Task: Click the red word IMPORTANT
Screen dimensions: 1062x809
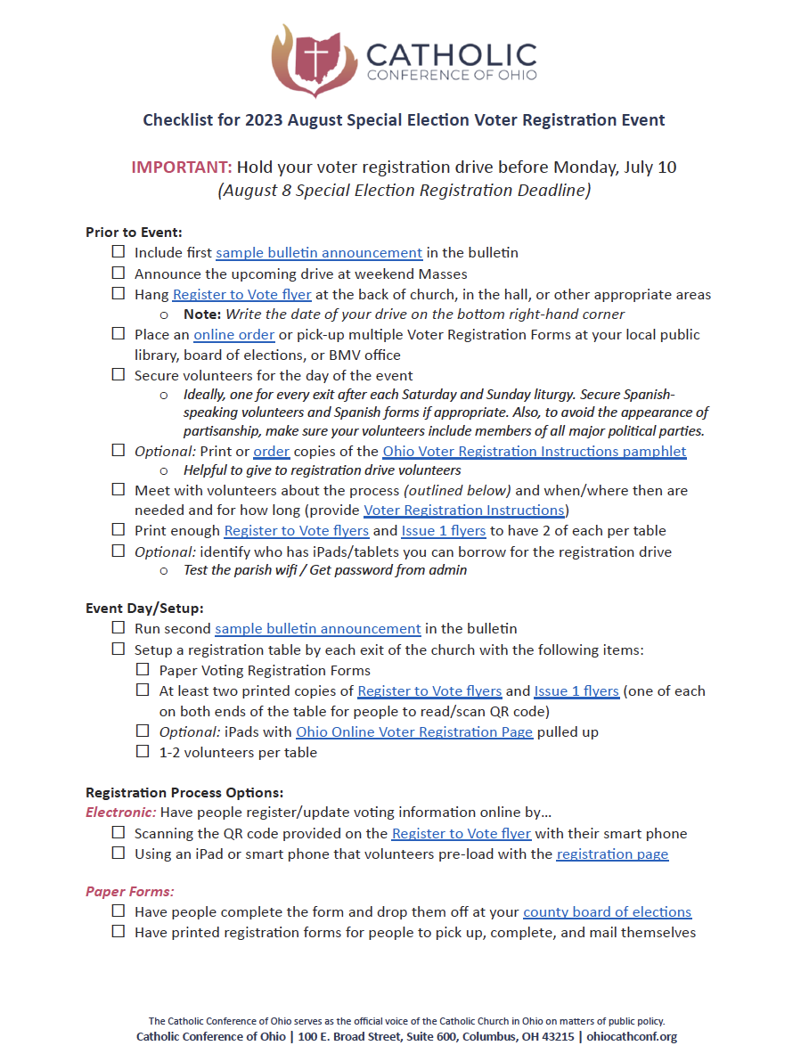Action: (182, 167)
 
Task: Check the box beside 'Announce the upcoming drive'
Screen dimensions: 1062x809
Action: (118, 274)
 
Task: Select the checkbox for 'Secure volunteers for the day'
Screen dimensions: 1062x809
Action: (118, 375)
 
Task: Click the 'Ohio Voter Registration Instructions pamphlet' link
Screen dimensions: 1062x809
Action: (535, 451)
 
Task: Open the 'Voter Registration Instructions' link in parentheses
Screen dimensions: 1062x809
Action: (463, 511)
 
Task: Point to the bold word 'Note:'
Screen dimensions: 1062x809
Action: (202, 314)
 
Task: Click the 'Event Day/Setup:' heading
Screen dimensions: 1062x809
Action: (144, 609)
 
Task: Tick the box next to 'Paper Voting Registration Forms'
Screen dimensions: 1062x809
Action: (143, 670)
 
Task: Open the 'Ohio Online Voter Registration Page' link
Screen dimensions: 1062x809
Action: (414, 732)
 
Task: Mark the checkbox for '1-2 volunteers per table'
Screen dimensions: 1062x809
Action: (143, 752)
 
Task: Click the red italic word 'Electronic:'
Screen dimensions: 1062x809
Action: (121, 813)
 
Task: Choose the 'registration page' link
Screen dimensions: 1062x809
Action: (612, 854)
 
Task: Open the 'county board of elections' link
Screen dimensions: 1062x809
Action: (607, 912)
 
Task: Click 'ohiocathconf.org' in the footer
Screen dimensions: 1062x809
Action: (632, 1037)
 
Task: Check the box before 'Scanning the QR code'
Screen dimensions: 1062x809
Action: (118, 833)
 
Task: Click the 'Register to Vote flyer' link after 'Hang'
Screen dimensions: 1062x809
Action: (242, 294)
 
